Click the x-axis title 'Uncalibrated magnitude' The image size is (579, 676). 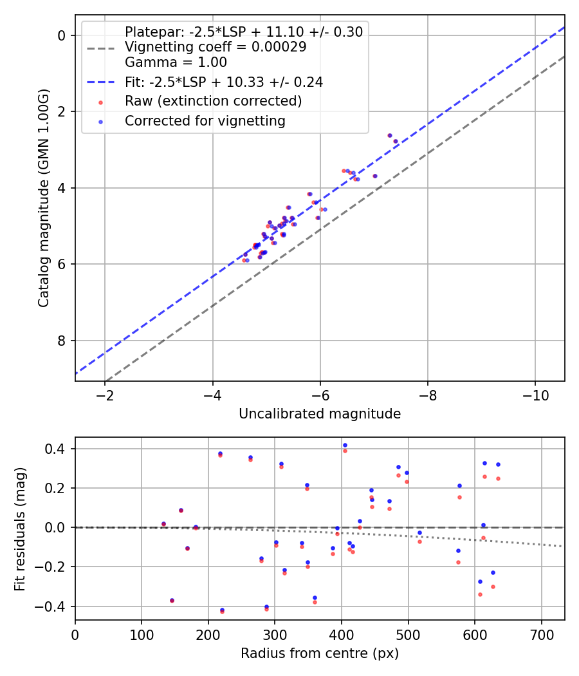(x=320, y=414)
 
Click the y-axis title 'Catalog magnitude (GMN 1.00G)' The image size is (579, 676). (x=43, y=198)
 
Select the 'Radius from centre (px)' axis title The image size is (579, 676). (x=320, y=653)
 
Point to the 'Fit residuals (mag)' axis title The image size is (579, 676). (x=20, y=528)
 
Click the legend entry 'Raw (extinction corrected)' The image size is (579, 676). (x=213, y=101)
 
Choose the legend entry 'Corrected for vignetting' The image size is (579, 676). (x=205, y=120)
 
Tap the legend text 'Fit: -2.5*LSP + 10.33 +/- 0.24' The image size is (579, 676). (x=223, y=82)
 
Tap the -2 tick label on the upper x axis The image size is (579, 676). (x=105, y=394)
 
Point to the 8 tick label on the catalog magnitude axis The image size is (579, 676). (x=62, y=341)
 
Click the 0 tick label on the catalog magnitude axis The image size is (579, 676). (x=62, y=35)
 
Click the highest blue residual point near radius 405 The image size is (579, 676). (x=345, y=445)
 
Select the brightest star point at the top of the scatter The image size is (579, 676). (x=389, y=135)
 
